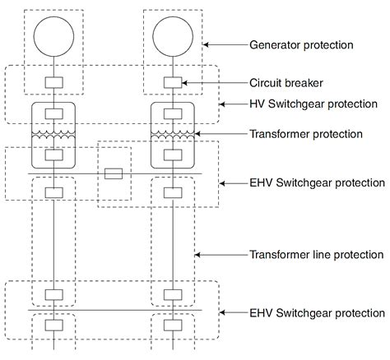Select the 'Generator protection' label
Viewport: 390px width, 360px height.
point(301,44)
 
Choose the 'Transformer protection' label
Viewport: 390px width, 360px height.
point(305,133)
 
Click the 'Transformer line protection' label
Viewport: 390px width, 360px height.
point(317,255)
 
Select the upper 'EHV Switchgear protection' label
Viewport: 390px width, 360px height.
point(317,182)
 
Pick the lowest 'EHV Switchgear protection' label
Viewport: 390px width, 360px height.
point(317,313)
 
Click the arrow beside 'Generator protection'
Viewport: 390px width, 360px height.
point(222,44)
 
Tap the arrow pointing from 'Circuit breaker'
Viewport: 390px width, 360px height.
point(213,82)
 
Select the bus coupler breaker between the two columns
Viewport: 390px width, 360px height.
point(114,173)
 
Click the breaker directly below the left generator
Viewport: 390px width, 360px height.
point(53,82)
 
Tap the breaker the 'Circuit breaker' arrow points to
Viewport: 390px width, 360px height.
point(173,82)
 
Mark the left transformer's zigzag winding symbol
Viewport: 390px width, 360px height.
point(53,134)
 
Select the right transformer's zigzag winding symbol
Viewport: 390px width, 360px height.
point(173,134)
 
